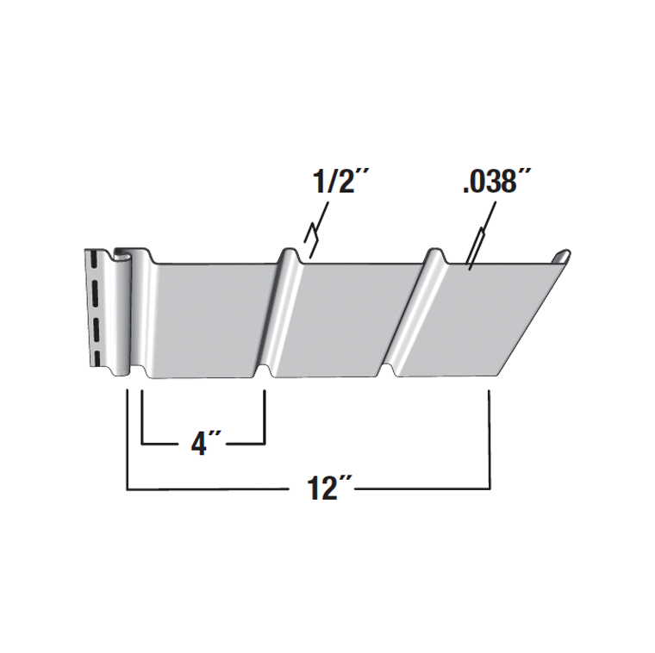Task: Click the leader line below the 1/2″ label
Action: (316, 230)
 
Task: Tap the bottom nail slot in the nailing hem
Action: (97, 358)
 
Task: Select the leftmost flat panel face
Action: (208, 320)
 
